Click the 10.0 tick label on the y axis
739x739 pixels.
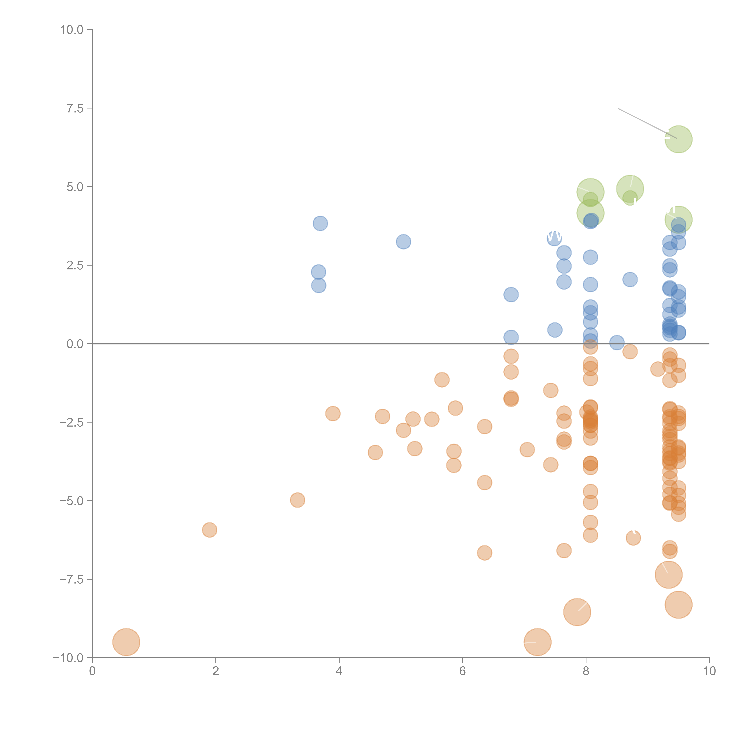point(72,30)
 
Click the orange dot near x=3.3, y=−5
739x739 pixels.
point(297,500)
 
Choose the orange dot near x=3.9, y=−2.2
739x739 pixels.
point(333,414)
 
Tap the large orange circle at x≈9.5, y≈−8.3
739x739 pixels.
point(678,605)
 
